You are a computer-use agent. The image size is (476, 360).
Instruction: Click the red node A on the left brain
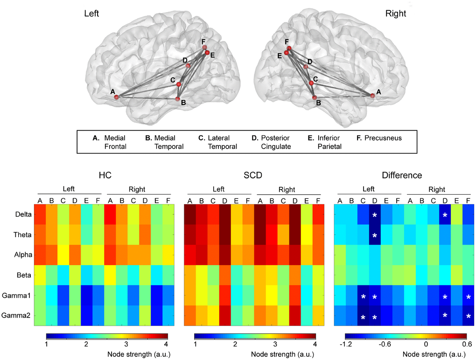pyautogui.click(x=117, y=97)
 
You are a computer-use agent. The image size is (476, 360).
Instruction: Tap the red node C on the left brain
pyautogui.click(x=178, y=84)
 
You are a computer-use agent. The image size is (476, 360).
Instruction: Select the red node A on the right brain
pyautogui.click(x=372, y=96)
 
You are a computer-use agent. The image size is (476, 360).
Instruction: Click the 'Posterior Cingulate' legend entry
pyautogui.click(x=275, y=142)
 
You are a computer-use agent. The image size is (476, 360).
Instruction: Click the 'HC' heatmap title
pyautogui.click(x=105, y=176)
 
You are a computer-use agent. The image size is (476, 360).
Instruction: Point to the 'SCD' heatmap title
pyautogui.click(x=253, y=176)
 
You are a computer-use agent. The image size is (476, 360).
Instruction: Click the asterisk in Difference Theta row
pyautogui.click(x=374, y=235)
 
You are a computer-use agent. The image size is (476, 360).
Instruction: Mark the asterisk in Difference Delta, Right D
pyautogui.click(x=445, y=216)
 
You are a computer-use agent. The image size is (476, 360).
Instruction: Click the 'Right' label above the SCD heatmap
pyautogui.click(x=287, y=190)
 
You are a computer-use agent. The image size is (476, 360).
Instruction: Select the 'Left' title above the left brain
pyautogui.click(x=91, y=14)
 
